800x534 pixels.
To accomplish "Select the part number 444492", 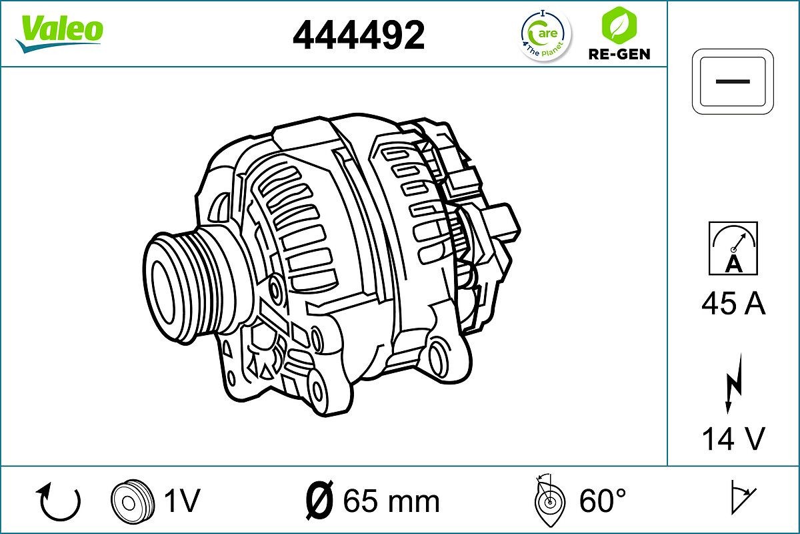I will click(x=359, y=35).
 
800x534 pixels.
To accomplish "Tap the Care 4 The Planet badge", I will click(x=545, y=34).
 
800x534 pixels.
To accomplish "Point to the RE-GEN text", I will click(x=618, y=54).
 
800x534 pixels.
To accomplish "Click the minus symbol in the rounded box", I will click(x=733, y=81).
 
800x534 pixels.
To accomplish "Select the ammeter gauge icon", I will click(x=733, y=248).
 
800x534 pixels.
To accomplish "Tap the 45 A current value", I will click(x=733, y=304).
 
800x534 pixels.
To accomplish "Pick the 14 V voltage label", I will click(x=733, y=439).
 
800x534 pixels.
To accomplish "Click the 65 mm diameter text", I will click(x=391, y=501).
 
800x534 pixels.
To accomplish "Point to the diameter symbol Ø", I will click(x=319, y=501).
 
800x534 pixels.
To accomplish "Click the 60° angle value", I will click(x=603, y=500).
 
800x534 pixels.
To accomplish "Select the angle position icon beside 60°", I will click(x=549, y=501).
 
